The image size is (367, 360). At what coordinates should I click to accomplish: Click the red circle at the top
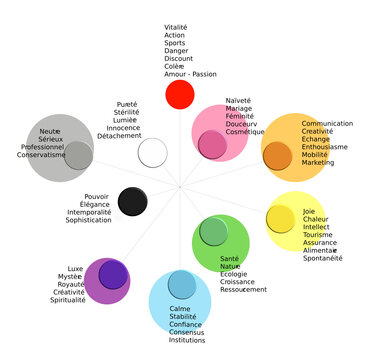(179, 95)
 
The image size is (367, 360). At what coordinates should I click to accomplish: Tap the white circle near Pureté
(152, 153)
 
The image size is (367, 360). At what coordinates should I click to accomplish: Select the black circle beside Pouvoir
(133, 201)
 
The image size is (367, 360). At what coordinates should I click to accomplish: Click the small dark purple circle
(113, 274)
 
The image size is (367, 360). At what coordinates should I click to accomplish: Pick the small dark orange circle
(276, 156)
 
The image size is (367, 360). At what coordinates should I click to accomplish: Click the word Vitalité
(176, 27)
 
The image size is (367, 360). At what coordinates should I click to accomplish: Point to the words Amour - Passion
(190, 75)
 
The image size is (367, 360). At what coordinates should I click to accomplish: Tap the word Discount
(178, 59)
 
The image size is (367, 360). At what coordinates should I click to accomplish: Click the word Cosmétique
(245, 132)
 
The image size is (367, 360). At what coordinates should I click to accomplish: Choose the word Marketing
(319, 163)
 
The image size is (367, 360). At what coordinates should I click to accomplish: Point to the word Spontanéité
(327, 258)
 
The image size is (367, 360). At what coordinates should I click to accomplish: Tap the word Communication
(327, 123)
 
